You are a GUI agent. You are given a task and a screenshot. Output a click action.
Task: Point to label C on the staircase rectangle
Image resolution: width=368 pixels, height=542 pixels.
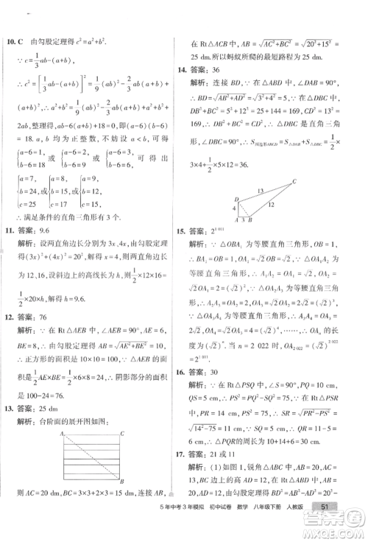[121, 433]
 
